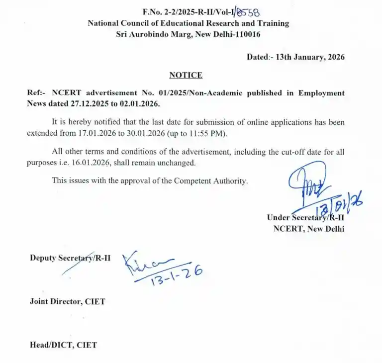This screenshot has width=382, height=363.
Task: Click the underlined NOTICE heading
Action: tap(186, 75)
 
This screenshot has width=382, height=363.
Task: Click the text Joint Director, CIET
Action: tap(67, 301)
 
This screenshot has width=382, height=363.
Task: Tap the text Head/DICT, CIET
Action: tap(63, 345)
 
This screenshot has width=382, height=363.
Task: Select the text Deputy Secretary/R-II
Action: tap(70, 258)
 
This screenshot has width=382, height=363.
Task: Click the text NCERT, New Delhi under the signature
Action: tap(308, 229)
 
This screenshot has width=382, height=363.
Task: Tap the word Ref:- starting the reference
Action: tap(38, 93)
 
